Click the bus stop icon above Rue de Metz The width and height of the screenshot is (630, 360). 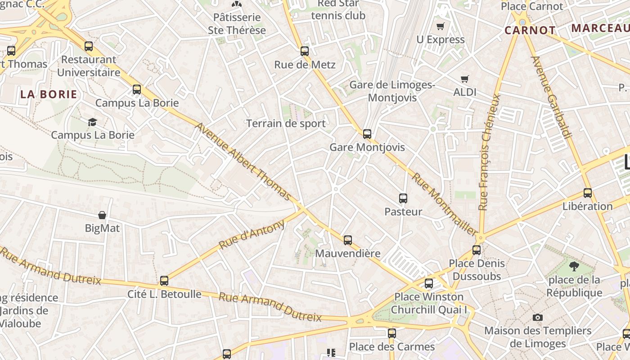click(x=305, y=51)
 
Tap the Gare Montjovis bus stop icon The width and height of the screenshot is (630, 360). click(x=367, y=134)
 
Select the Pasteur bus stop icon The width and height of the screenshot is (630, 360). click(x=403, y=198)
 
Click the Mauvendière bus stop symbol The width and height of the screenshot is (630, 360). click(x=348, y=240)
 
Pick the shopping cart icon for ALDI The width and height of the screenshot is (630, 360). click(x=465, y=79)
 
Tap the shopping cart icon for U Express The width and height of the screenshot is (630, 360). click(x=441, y=27)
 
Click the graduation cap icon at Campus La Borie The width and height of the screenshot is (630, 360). click(x=93, y=122)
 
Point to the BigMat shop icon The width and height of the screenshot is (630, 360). click(x=103, y=215)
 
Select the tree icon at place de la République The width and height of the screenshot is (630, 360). click(x=574, y=266)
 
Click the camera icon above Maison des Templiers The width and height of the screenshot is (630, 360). click(x=537, y=318)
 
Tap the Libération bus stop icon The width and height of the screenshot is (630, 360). click(x=588, y=193)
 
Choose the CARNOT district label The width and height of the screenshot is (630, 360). click(x=530, y=31)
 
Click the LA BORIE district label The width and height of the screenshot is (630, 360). click(x=49, y=94)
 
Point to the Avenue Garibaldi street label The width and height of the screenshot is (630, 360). click(x=551, y=97)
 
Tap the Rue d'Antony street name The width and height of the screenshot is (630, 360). click(x=252, y=234)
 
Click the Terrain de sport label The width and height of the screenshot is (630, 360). click(x=286, y=123)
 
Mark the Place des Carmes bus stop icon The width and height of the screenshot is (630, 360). click(x=392, y=333)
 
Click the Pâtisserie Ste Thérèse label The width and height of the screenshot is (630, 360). click(x=237, y=24)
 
